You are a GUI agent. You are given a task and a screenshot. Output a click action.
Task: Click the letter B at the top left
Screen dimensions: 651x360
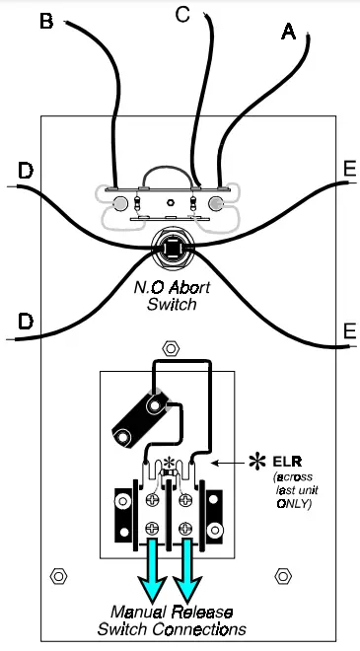click(45, 22)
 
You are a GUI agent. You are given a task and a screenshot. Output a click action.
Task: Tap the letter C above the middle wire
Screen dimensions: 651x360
click(182, 14)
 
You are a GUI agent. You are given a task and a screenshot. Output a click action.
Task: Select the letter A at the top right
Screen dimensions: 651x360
click(289, 33)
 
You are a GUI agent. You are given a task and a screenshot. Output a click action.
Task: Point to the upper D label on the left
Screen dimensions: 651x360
click(26, 173)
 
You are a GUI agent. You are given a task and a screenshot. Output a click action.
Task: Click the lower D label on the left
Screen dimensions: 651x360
click(26, 322)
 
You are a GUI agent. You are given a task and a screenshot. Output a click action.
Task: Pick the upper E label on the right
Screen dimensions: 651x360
click(349, 169)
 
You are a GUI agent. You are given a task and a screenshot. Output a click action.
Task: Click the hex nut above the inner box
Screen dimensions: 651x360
click(171, 349)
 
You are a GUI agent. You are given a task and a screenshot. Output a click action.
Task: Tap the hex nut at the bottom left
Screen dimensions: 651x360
click(57, 574)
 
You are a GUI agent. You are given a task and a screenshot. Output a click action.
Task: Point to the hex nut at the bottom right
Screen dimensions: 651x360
click(284, 574)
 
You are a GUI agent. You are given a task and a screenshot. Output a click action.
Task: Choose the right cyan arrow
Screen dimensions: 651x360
click(187, 569)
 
